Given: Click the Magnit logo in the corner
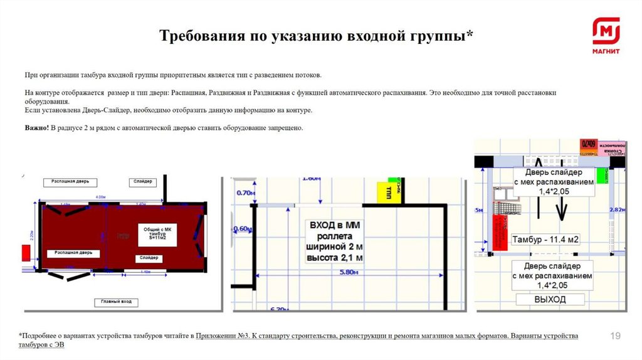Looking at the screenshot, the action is point(606,35).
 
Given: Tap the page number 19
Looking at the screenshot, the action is point(615,337).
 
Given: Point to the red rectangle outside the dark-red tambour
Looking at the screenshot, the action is point(26,253).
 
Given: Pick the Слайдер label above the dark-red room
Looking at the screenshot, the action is point(143,182).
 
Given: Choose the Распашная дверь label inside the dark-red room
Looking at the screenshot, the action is point(73,253).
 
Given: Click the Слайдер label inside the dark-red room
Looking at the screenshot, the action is point(149,258).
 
